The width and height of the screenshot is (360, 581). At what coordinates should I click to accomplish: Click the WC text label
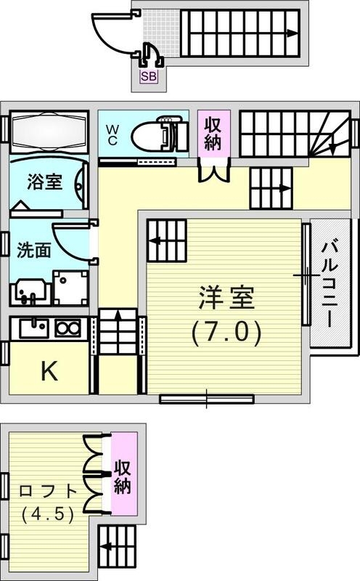coord(112,135)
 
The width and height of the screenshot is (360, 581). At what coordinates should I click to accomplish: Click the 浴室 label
coord(44,182)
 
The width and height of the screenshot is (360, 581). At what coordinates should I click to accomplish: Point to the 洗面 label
coord(34,251)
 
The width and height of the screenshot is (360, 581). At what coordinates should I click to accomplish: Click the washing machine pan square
coord(71,288)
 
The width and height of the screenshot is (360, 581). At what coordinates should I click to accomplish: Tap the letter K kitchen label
coord(49,371)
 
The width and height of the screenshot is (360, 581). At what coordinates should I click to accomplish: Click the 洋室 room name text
coord(226,299)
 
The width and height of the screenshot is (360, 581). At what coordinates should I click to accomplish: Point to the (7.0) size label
coord(226,333)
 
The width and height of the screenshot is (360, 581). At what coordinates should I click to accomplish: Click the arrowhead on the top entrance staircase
coord(292,33)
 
